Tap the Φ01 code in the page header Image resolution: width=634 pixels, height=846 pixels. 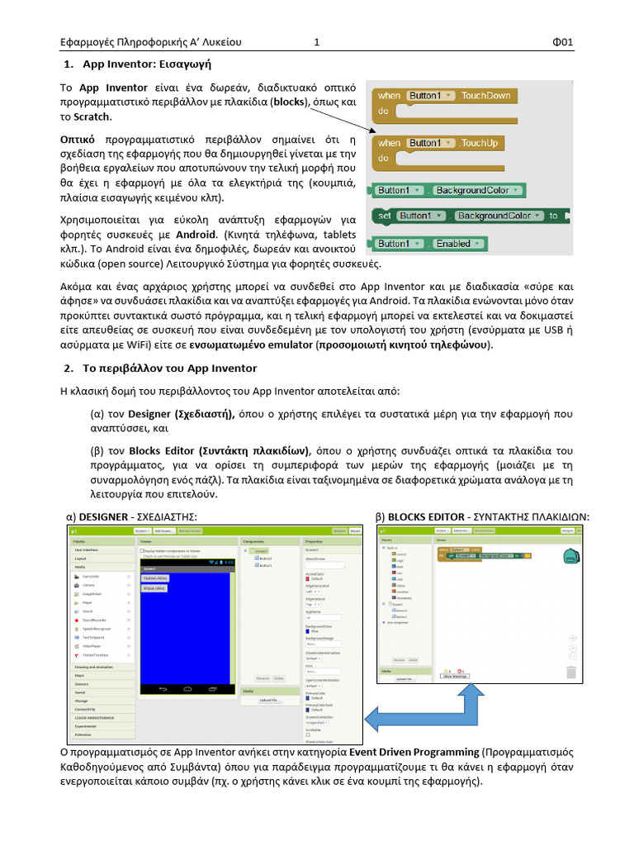click(562, 43)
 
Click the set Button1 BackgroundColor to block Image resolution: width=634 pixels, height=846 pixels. click(471, 216)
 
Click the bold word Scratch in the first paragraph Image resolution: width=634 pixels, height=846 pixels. click(92, 116)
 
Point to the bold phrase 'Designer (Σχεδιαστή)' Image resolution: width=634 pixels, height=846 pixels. click(182, 414)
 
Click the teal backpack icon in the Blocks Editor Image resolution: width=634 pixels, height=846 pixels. click(568, 557)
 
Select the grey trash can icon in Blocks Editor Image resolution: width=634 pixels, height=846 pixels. click(571, 672)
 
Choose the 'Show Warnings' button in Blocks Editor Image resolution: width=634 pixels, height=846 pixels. click(455, 675)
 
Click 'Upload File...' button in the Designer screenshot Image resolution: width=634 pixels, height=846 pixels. click(269, 700)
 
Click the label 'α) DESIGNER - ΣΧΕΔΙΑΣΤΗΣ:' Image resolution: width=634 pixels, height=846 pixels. click(131, 516)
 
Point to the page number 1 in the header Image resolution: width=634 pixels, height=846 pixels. click(316, 43)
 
